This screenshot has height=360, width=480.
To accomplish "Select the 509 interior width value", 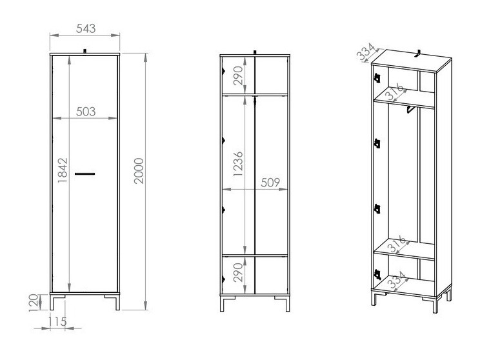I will (270, 183).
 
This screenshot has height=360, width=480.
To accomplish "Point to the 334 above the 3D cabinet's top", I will (366, 51).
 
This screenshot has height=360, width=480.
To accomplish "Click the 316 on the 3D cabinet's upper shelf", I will (395, 92).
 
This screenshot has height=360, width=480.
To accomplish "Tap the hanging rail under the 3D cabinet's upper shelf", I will (408, 111).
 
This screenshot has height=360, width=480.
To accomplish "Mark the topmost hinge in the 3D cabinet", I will (375, 78).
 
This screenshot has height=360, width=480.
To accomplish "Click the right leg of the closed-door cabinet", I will (117, 302).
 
